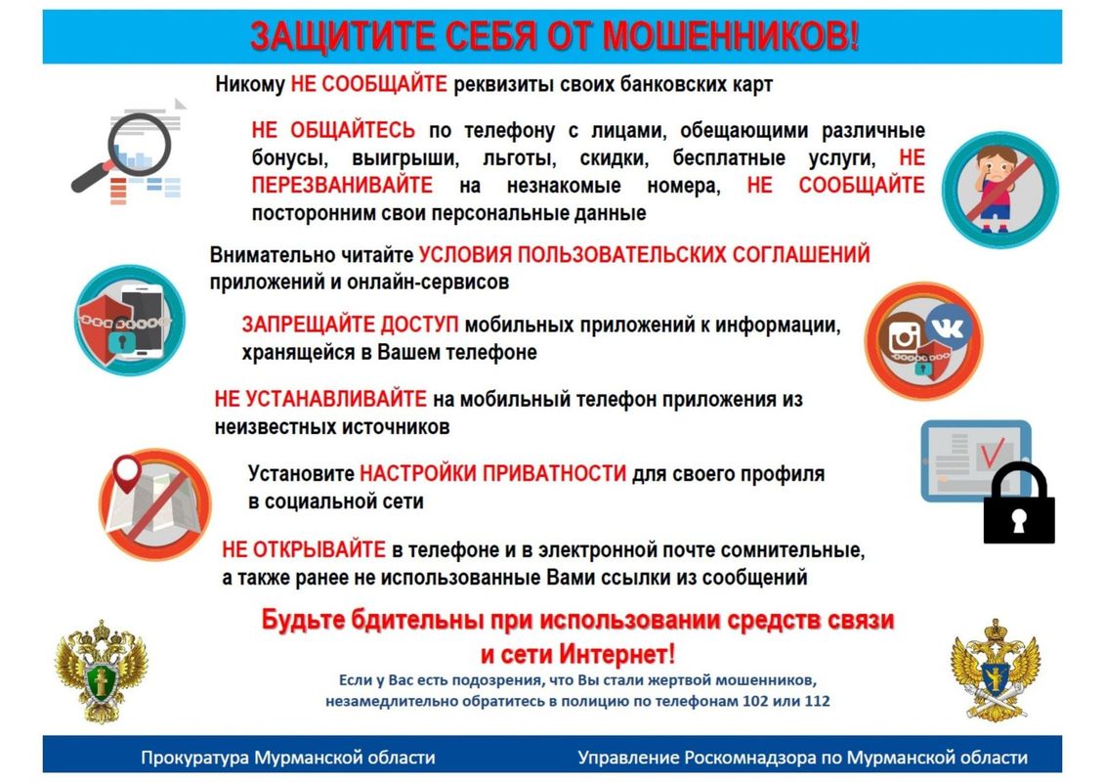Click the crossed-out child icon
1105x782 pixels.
point(1000,189)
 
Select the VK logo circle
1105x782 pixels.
point(949,327)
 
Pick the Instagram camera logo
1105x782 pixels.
point(905,337)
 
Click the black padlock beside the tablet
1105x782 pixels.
point(1019,503)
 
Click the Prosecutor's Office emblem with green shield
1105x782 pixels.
point(103,671)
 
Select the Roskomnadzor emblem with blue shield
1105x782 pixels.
point(995,670)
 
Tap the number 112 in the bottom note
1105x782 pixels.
point(817,702)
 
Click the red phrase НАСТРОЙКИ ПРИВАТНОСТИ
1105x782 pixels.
point(492,473)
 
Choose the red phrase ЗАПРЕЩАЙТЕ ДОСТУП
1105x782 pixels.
point(350,325)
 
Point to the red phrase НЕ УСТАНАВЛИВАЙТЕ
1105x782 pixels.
point(320,399)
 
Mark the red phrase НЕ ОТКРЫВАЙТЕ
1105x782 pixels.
point(304,549)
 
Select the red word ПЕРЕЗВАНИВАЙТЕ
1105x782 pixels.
point(343,186)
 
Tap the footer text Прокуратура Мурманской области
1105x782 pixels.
point(288,758)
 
